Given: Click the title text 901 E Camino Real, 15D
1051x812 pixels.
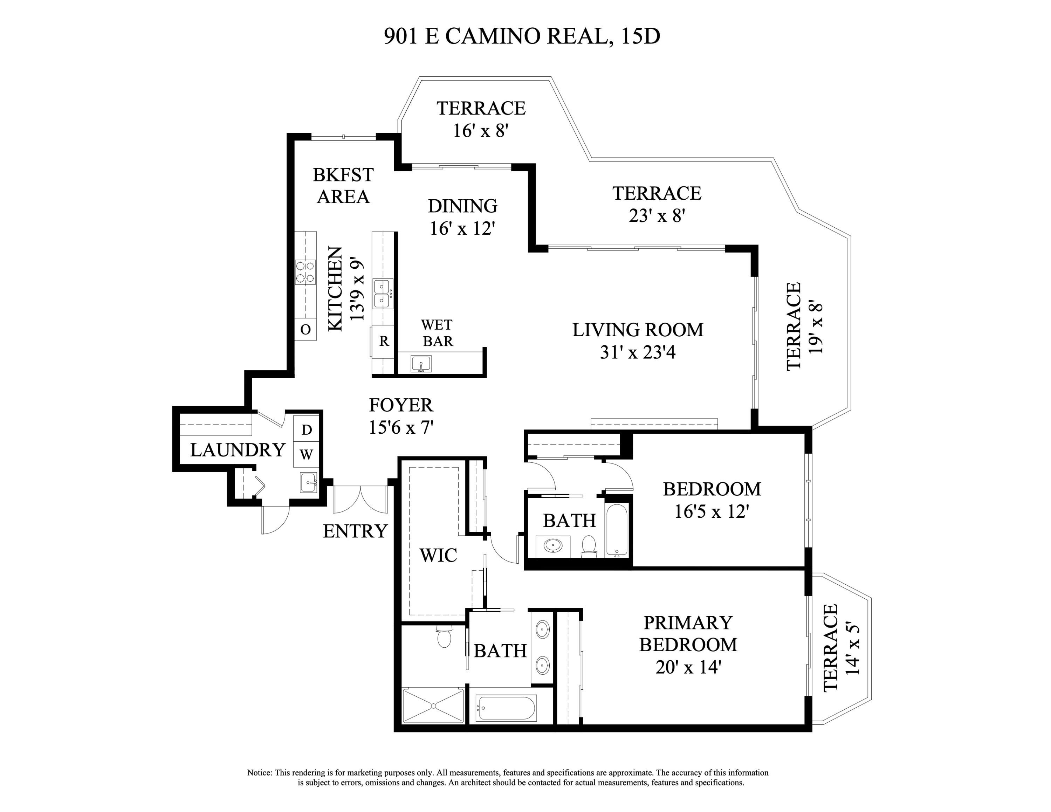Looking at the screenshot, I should (522, 36).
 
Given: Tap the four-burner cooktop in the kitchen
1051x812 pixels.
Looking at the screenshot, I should (305, 272).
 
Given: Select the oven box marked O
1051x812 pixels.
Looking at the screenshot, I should (305, 330).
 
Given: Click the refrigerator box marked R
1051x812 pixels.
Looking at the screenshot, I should (384, 342).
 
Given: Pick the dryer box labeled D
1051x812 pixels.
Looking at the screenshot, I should (307, 429).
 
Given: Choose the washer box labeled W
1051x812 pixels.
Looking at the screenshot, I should (307, 454).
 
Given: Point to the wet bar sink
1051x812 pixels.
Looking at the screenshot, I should (421, 364).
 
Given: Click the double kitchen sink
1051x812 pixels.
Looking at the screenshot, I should (383, 294).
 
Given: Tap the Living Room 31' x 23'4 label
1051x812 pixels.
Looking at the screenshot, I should (638, 340).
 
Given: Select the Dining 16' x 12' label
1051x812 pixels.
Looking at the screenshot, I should (462, 216).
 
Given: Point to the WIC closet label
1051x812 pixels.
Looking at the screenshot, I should (438, 555).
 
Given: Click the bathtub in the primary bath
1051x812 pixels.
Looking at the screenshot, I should (506, 708).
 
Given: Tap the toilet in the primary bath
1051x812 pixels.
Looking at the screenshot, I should (444, 638).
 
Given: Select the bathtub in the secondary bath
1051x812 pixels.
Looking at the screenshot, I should (617, 530).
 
